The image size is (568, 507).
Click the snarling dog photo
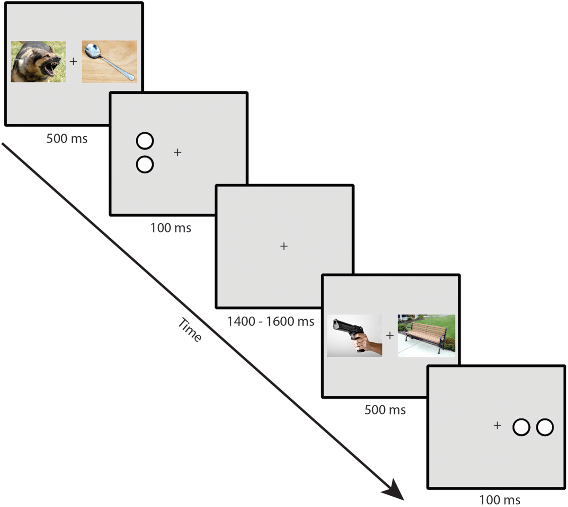[x=38, y=62]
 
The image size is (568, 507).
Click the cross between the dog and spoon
[x=73, y=61]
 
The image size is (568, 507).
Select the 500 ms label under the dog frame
[x=67, y=138]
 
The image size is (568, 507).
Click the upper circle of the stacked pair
[x=145, y=141]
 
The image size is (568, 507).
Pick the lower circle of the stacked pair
[x=145, y=164]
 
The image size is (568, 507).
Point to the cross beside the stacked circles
[x=178, y=152]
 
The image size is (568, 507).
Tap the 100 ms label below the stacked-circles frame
[x=171, y=228]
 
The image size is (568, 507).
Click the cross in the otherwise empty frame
[x=284, y=246]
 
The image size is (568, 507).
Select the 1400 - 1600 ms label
[x=270, y=321]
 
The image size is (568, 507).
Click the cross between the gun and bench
[x=390, y=335]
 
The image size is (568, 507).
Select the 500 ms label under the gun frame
[x=385, y=410]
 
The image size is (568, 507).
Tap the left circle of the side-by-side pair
[x=521, y=427]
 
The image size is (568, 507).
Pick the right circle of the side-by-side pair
[x=545, y=427]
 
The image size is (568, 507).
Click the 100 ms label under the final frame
[x=500, y=500]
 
